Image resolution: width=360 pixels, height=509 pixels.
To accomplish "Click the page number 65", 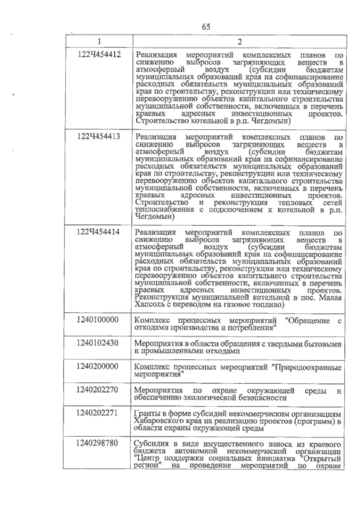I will tap(206, 27).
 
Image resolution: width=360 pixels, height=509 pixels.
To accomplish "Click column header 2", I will tap(239, 41).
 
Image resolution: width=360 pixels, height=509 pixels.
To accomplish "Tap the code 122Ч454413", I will tap(99, 137).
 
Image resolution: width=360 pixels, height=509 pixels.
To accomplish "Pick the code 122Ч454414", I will tap(99, 232).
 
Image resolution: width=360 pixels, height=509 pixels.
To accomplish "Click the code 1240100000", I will tap(97, 320).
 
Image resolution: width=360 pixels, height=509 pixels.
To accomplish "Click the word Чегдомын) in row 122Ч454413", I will tap(155, 217).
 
